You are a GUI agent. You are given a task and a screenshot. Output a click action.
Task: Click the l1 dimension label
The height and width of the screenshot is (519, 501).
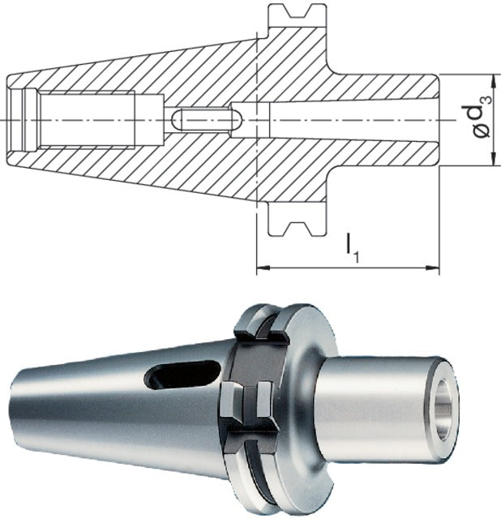pyautogui.click(x=352, y=248)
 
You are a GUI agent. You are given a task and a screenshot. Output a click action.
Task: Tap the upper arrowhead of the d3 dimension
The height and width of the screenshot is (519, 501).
pyautogui.click(x=494, y=81)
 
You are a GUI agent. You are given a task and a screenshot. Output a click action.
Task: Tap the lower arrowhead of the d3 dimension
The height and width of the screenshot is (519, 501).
pyautogui.click(x=494, y=159)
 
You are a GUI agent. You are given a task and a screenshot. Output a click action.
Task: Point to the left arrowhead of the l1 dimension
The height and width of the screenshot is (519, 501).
pyautogui.click(x=263, y=268)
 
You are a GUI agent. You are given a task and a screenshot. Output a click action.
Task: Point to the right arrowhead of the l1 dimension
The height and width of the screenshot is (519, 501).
pyautogui.click(x=432, y=268)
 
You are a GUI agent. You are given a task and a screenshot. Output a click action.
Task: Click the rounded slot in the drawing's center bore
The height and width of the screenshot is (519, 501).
pyautogui.click(x=208, y=119)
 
